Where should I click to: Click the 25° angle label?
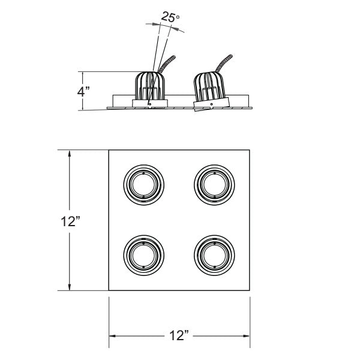[x=170, y=18]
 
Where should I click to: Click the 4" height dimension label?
[x=83, y=92]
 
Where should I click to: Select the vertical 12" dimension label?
[x=70, y=221]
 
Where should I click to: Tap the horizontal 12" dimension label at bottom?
[x=179, y=334]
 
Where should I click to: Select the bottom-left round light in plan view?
[x=143, y=254]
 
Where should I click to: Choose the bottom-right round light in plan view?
[x=213, y=254]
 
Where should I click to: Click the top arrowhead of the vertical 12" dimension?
[x=71, y=154]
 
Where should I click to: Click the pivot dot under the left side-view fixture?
[x=149, y=103]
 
